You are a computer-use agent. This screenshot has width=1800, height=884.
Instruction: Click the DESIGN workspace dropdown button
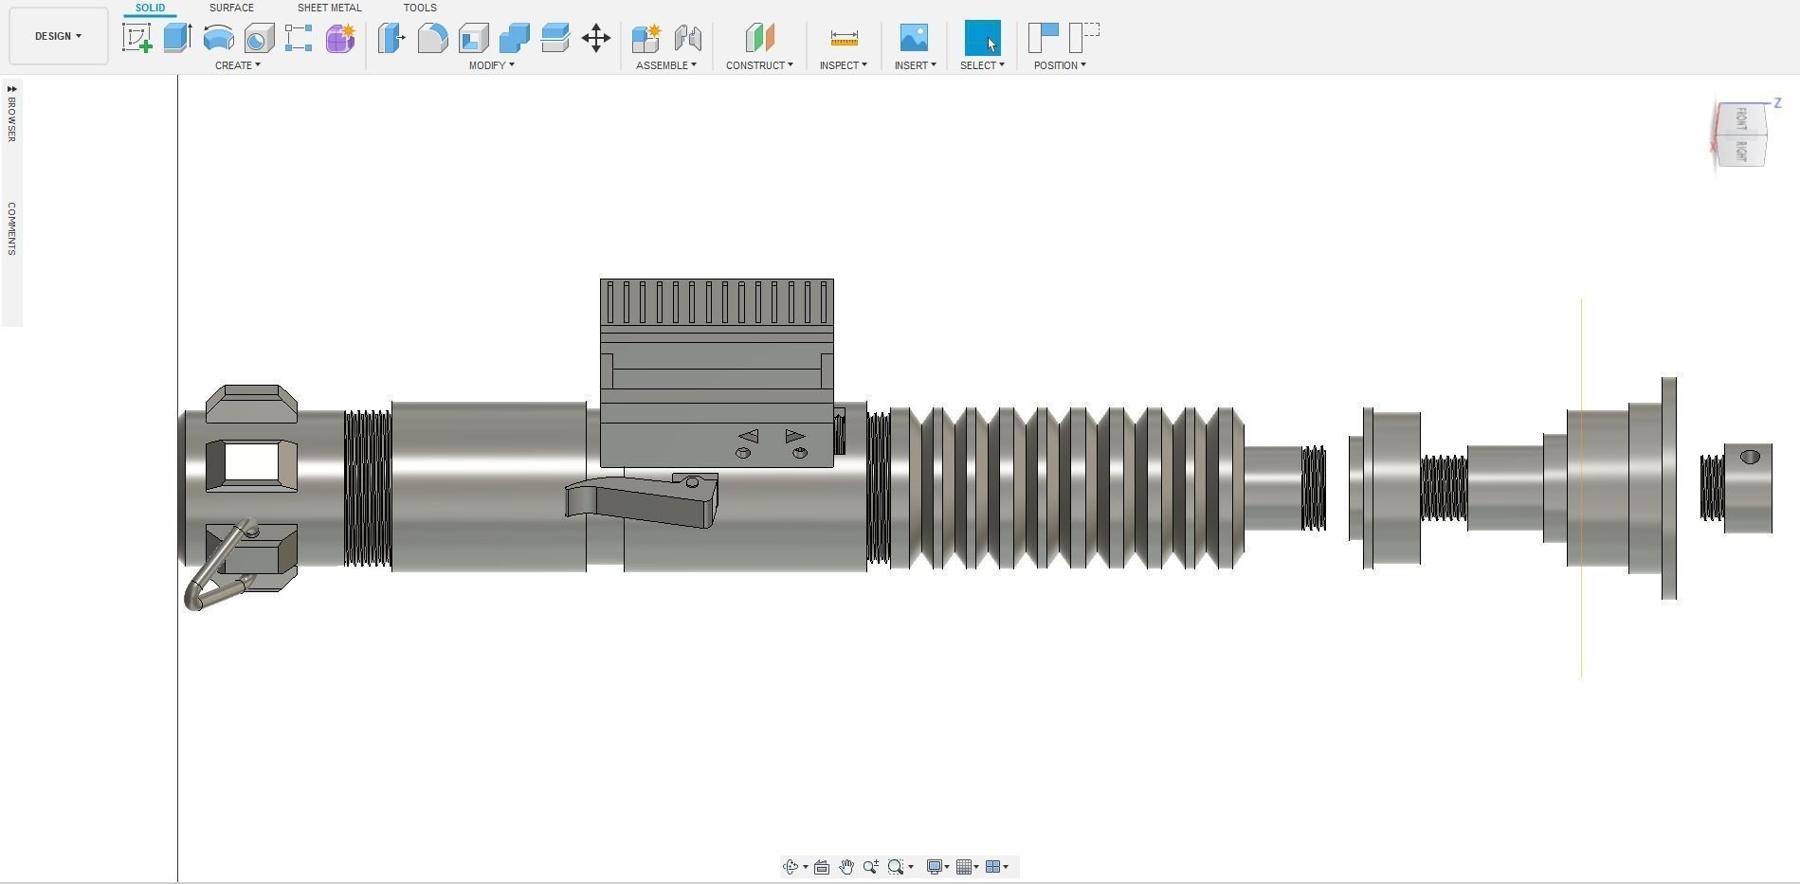(58, 36)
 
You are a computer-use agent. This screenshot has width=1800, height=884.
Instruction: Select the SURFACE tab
(231, 8)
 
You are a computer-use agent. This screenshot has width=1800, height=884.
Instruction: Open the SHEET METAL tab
(329, 8)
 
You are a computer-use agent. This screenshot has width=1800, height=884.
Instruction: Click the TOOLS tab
(419, 8)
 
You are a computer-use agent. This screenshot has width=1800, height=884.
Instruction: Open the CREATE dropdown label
(237, 65)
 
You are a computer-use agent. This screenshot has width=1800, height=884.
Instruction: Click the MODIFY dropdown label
(491, 65)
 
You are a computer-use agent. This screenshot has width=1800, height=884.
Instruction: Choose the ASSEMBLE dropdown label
(665, 65)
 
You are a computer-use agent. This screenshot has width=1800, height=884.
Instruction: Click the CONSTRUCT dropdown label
(759, 65)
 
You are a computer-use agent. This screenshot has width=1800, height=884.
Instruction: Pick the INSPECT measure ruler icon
(844, 38)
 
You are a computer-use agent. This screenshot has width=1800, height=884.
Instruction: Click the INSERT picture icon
(914, 38)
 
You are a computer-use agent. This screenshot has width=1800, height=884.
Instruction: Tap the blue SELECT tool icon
(982, 38)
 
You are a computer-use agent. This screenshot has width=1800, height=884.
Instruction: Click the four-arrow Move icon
(596, 38)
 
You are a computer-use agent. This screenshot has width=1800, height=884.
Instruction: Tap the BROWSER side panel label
(11, 115)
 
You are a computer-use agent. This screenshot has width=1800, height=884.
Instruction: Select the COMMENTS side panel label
(11, 228)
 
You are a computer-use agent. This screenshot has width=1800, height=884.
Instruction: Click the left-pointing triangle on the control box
(749, 436)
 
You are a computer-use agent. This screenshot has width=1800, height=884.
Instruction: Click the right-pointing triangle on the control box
(794, 436)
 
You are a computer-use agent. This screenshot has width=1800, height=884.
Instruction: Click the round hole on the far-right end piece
(1750, 457)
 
